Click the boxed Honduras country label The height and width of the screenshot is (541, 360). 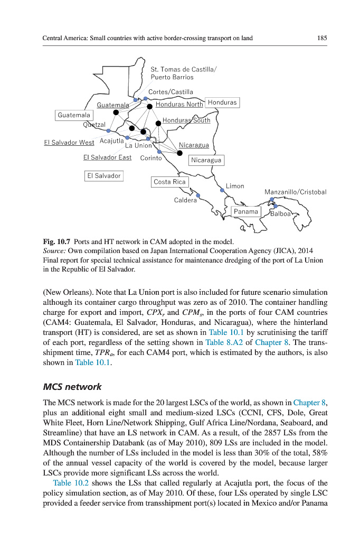tap(222, 102)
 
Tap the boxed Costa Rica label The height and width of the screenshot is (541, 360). tap(169, 182)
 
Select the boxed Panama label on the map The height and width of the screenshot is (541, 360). tap(246, 212)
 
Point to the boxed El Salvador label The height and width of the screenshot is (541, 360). tap(104, 176)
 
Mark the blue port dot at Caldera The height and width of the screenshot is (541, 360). tap(198, 195)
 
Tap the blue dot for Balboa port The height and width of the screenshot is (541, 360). tap(275, 206)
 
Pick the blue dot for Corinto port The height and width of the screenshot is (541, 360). tap(159, 151)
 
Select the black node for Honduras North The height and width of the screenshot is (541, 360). tap(149, 106)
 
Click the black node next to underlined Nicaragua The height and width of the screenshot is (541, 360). tap(179, 153)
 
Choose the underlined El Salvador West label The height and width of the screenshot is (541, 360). tap(69, 143)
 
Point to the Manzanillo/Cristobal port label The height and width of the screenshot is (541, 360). tap(296, 192)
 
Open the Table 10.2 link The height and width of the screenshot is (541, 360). tap(69, 482)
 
